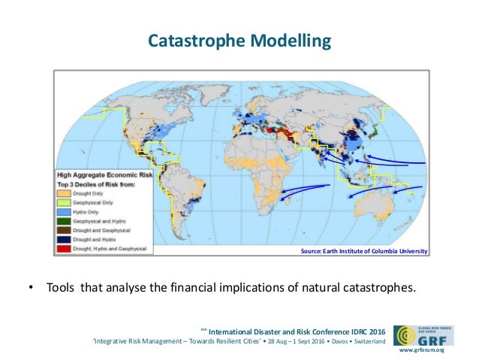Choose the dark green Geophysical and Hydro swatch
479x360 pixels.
(65, 221)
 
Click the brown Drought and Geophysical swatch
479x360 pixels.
(65, 230)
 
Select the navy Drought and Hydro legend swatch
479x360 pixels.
(65, 238)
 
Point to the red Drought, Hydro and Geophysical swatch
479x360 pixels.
(65, 247)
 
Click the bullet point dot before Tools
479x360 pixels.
(30, 288)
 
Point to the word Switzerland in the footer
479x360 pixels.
(366, 342)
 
